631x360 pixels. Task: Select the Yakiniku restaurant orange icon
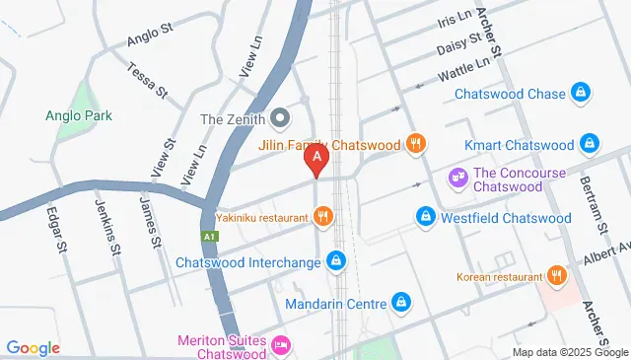(x=322, y=216)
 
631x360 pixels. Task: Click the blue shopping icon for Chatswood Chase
(x=582, y=94)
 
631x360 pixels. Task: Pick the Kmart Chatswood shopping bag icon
(x=589, y=144)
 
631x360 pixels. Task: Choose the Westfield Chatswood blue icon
(x=425, y=216)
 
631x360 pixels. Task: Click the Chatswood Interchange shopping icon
(x=337, y=261)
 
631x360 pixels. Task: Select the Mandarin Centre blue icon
(x=400, y=302)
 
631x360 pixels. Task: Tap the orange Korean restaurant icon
(x=557, y=276)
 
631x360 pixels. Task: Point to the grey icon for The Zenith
(x=279, y=119)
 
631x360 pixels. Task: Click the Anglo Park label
(x=79, y=115)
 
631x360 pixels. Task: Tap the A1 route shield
(x=209, y=237)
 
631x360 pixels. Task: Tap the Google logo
(x=33, y=347)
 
